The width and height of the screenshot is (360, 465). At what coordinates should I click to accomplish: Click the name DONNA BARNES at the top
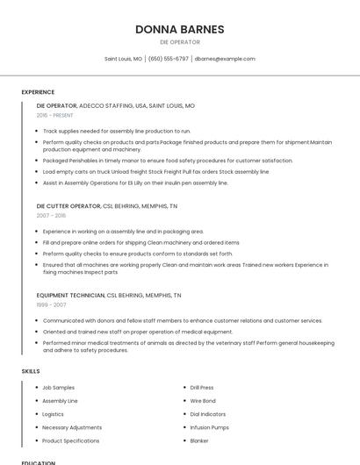pyautogui.click(x=180, y=29)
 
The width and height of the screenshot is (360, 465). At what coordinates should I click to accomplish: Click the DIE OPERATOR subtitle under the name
pyautogui.click(x=180, y=42)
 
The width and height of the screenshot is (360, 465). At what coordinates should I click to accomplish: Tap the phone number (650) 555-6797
pyautogui.click(x=169, y=59)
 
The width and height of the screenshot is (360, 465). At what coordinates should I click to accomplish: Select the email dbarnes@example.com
pyautogui.click(x=225, y=59)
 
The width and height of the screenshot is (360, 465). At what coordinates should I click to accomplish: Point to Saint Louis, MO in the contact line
pyautogui.click(x=123, y=59)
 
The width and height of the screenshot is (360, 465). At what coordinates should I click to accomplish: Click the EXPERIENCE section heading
pyautogui.click(x=38, y=92)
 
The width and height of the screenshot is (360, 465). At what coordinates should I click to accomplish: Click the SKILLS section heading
pyautogui.click(x=31, y=371)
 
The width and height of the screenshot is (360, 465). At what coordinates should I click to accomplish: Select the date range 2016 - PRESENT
pyautogui.click(x=55, y=115)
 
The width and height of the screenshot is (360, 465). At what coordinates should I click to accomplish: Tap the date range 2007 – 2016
pyautogui.click(x=51, y=215)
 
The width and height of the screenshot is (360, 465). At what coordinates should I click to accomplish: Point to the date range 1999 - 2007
pyautogui.click(x=51, y=304)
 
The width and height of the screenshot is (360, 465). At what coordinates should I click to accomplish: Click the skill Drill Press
pyautogui.click(x=202, y=387)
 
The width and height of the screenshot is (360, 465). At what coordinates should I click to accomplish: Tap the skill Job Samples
pyautogui.click(x=58, y=387)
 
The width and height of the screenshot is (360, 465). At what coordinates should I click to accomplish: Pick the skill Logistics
pyautogui.click(x=53, y=414)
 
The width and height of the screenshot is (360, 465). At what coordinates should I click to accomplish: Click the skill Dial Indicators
pyautogui.click(x=207, y=414)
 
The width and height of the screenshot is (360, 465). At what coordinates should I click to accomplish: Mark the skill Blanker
pyautogui.click(x=199, y=440)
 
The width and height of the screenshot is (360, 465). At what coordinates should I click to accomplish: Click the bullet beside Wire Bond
pyautogui.click(x=184, y=401)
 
